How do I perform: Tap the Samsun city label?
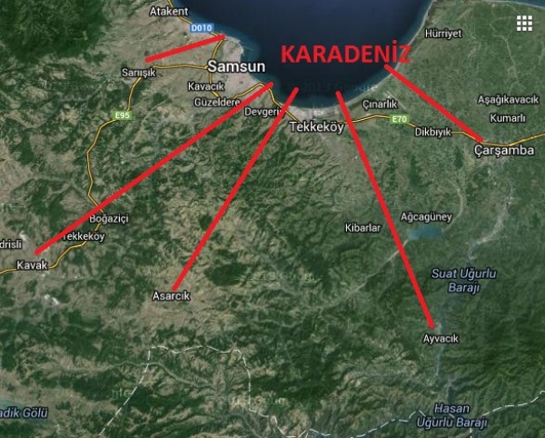pos(236,66)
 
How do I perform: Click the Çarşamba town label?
pos(504,150)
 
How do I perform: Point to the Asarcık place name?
pos(171,296)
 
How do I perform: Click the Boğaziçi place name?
pos(110,218)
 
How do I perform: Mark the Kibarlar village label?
pos(363,228)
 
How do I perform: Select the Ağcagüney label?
pos(426,216)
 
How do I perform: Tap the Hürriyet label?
pos(443,34)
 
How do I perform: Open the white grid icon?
pos(523,24)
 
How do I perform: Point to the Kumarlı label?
pos(507,118)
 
